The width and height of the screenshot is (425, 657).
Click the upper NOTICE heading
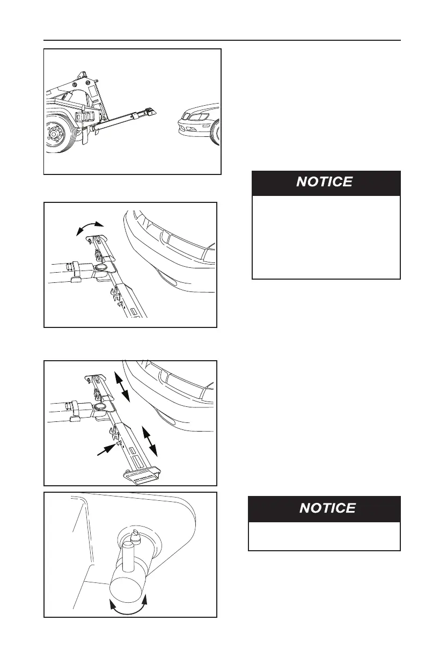(325, 182)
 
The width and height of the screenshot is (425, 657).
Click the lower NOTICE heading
(327, 508)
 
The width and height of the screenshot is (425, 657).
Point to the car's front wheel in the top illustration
(216, 132)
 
